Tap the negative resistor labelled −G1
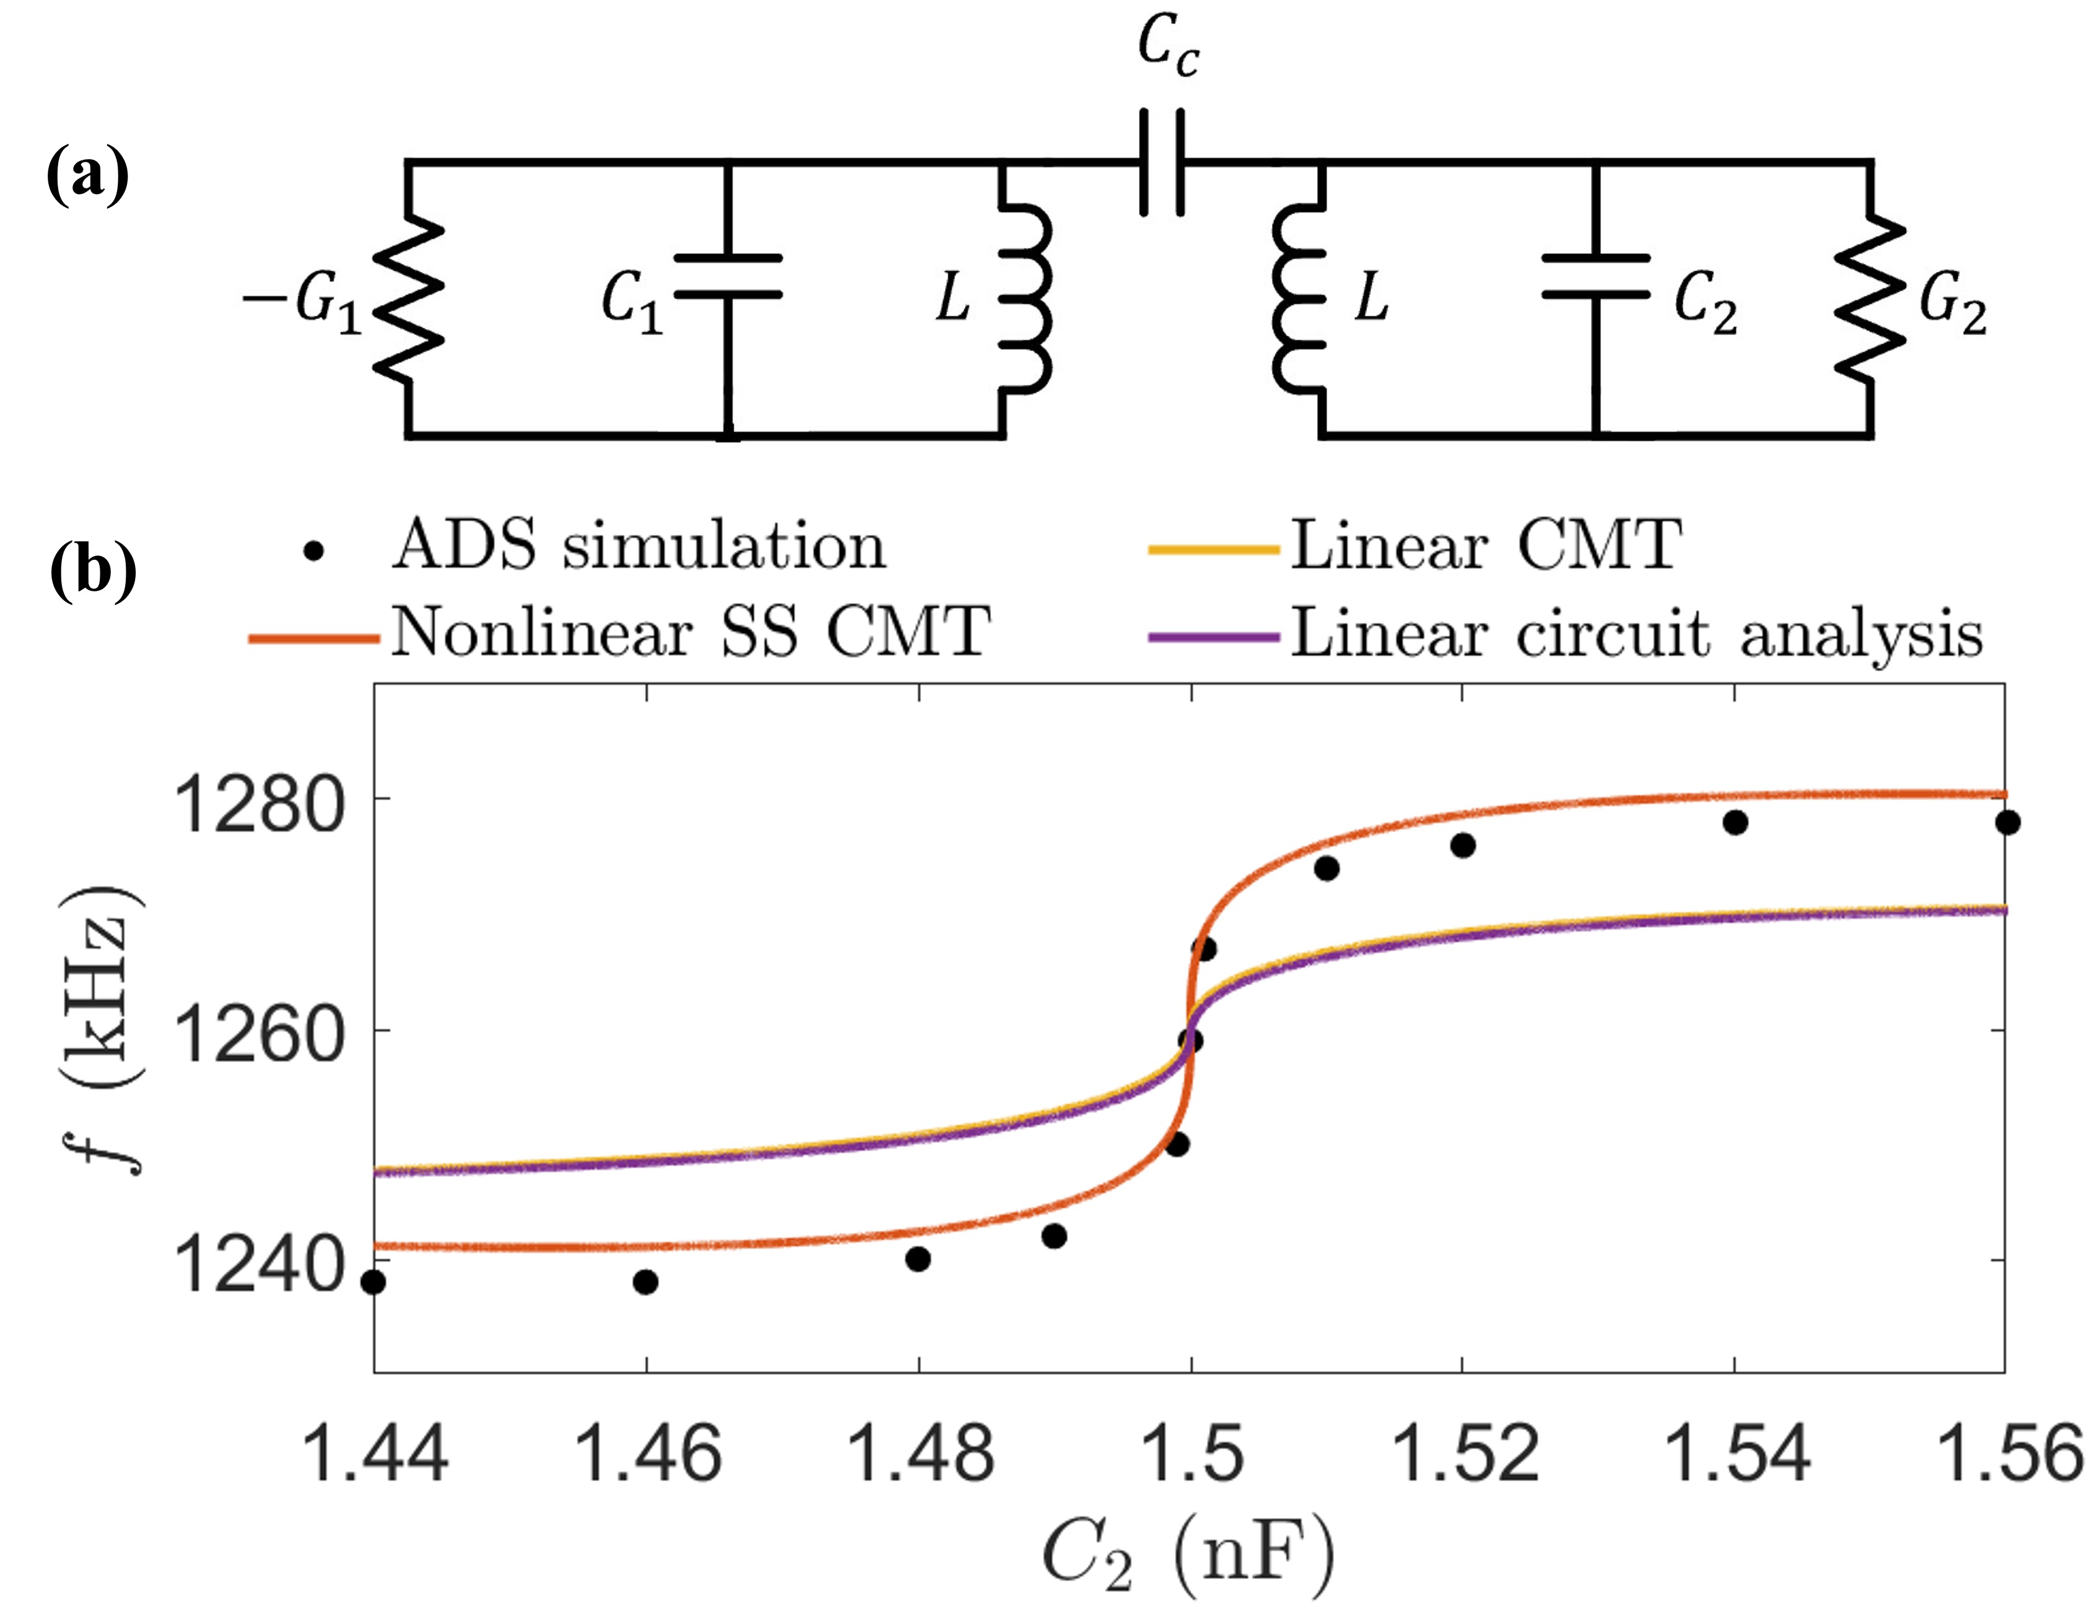point(408,299)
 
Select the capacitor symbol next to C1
point(728,276)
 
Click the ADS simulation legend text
point(639,547)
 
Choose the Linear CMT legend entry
point(1485,547)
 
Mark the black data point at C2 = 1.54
point(1735,822)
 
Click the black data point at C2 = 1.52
point(1463,845)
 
